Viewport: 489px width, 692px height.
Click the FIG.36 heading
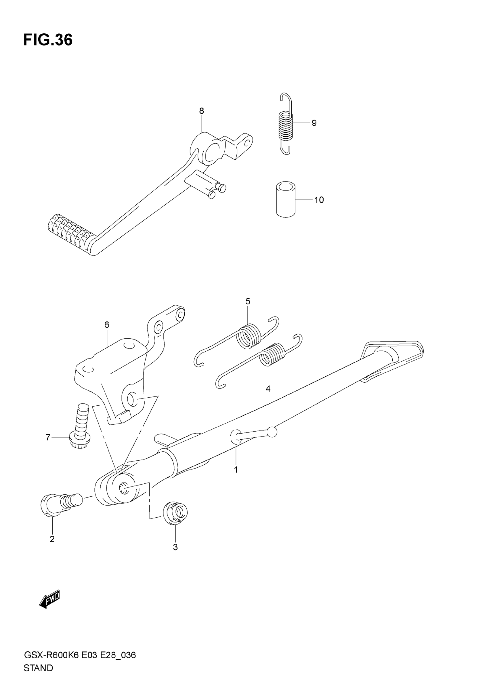[x=48, y=40]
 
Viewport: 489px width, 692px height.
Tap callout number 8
[x=202, y=111]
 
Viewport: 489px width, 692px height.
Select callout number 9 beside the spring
[x=314, y=123]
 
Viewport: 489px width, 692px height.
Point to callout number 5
[x=248, y=301]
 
